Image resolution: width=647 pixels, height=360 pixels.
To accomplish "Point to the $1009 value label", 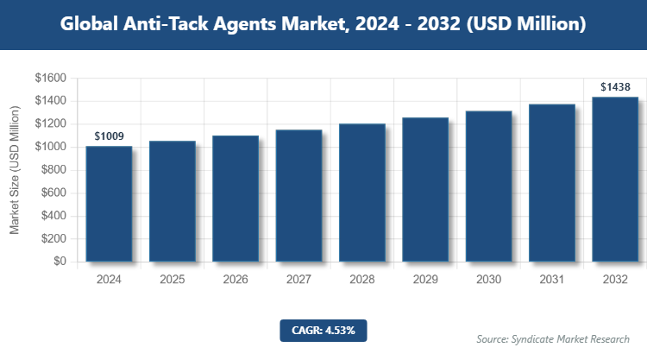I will click(x=109, y=136).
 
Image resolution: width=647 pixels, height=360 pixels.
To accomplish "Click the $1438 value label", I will click(x=615, y=87).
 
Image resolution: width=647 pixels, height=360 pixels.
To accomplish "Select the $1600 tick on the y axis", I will click(x=49, y=78).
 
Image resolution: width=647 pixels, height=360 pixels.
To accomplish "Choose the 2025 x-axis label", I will click(x=172, y=280).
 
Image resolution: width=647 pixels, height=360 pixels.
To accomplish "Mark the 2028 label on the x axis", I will click(x=361, y=280).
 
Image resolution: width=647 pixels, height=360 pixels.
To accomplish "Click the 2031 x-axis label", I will click(x=551, y=280).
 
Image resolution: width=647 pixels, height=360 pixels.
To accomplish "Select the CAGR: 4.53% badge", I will click(x=323, y=330).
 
